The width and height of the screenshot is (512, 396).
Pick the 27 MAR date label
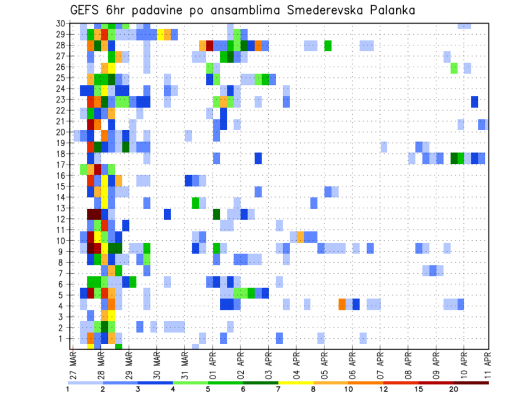pos(73,364)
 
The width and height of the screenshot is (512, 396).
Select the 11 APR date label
pos(486,364)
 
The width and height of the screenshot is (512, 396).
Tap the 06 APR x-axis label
pos(352,364)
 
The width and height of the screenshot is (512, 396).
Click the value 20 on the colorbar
pos(454,389)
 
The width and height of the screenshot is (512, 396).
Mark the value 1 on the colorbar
pos(68,389)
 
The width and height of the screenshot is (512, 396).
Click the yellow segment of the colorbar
pos(296,383)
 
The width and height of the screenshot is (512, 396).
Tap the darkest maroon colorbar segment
pos(471,383)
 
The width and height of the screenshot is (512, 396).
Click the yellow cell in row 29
pos(160,35)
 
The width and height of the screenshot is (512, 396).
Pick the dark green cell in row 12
pos(216,214)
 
